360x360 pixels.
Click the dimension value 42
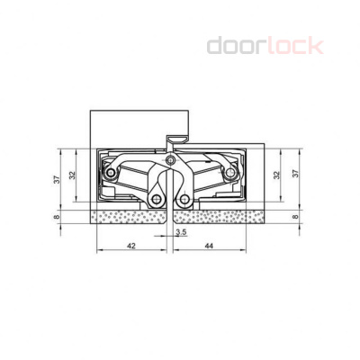pos(131,245)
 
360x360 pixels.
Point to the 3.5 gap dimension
pos(181,233)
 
